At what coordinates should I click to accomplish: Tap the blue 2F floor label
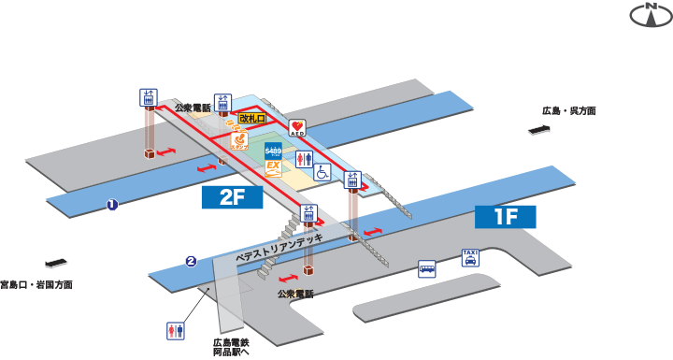click(234, 196)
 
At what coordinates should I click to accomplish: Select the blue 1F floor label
click(505, 218)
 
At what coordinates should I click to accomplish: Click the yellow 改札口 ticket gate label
click(251, 119)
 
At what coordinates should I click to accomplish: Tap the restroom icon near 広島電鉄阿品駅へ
click(175, 331)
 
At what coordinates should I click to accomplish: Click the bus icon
click(426, 269)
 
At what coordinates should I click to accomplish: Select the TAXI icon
click(471, 257)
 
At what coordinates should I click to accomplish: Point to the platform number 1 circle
click(111, 205)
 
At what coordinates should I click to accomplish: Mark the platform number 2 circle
click(191, 261)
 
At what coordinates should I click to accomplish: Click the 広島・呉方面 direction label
click(569, 111)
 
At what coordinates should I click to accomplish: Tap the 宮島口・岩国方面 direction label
click(36, 284)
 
